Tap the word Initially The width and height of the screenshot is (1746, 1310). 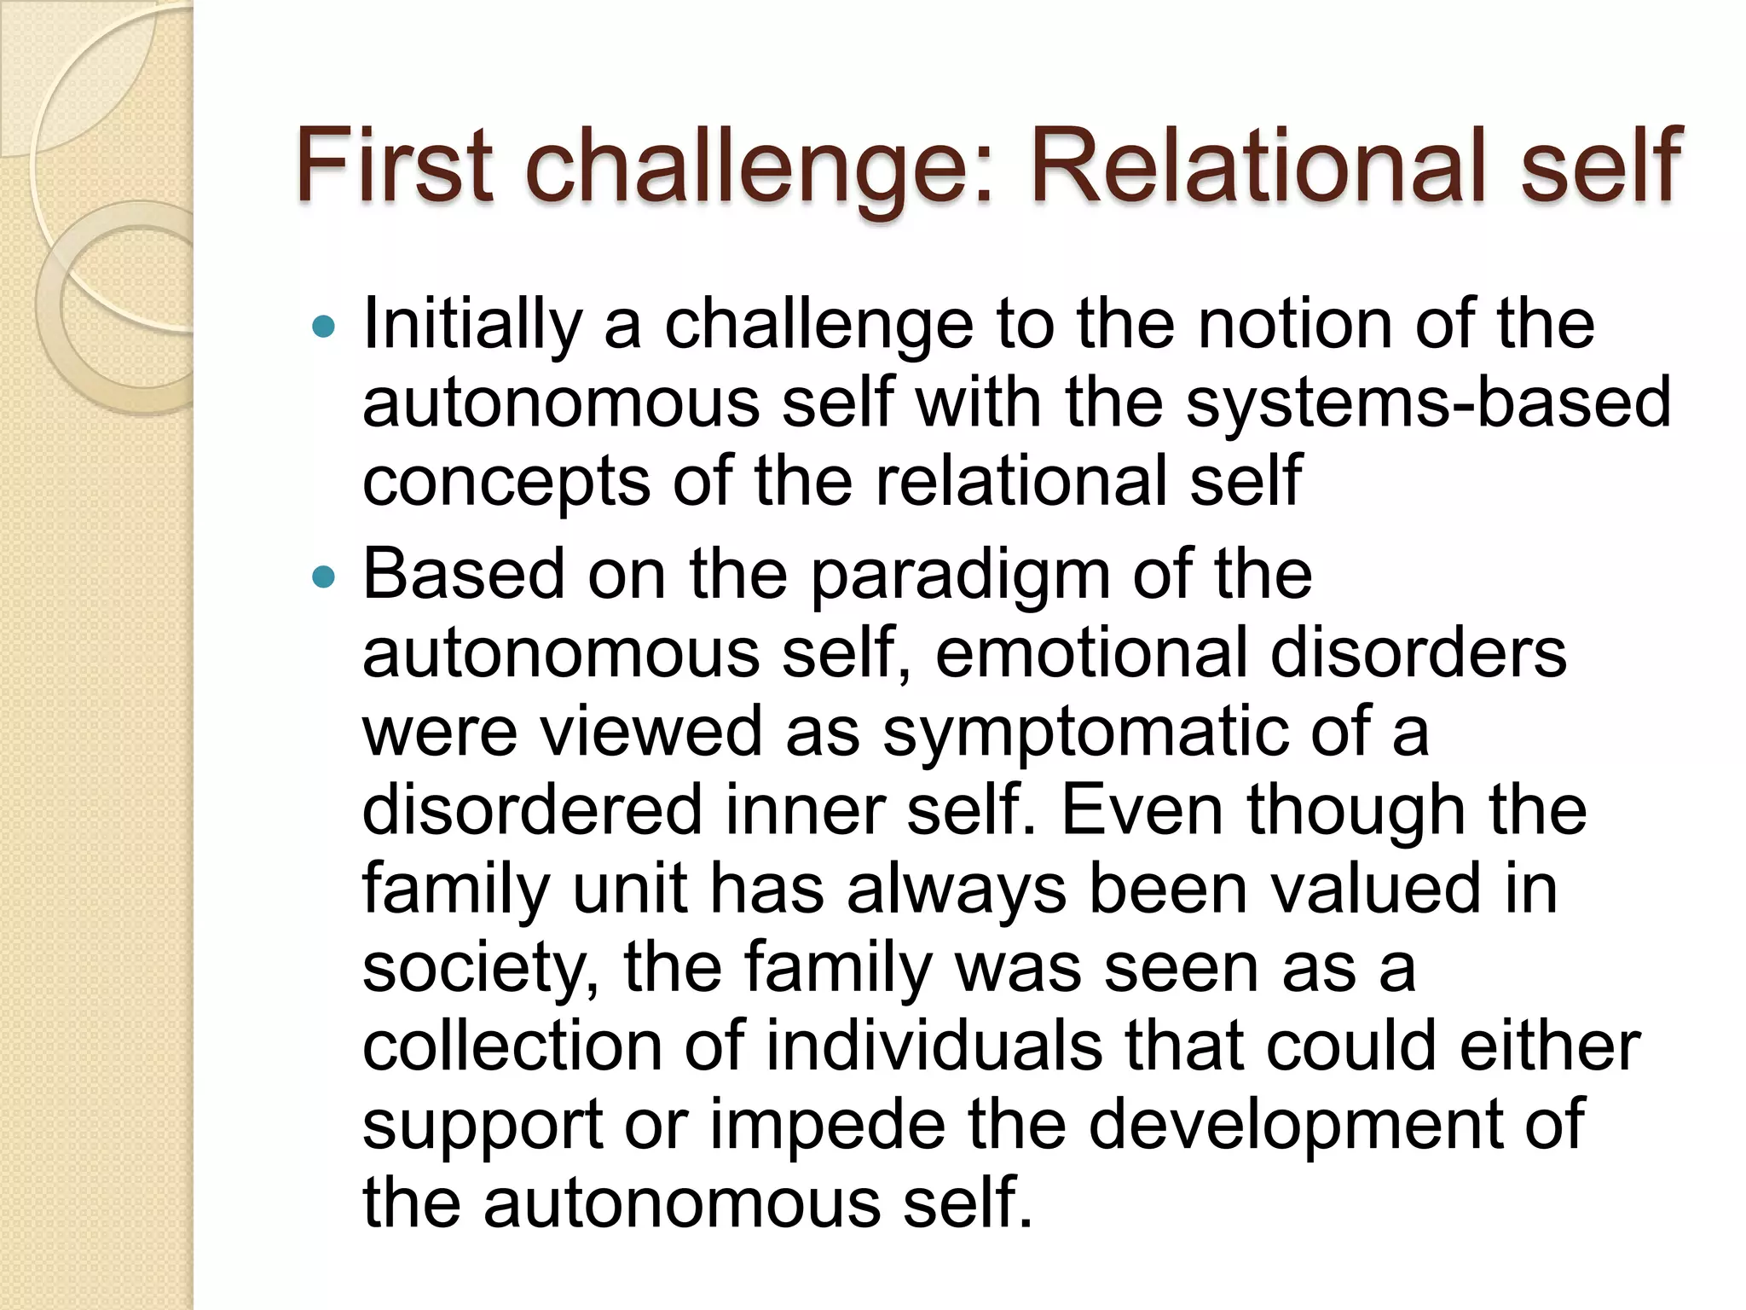(472, 326)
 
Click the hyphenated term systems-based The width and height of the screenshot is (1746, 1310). (1429, 403)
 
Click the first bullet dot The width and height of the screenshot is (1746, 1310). (324, 326)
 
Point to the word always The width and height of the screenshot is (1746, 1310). (957, 890)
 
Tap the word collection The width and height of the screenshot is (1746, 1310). (512, 1047)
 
